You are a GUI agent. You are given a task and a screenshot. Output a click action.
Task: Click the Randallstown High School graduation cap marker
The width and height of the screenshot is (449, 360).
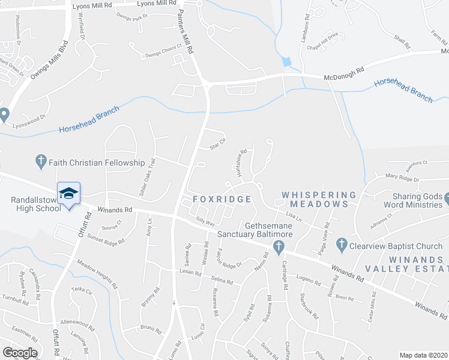68,194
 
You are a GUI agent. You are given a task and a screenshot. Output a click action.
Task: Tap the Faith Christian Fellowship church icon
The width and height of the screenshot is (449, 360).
41,162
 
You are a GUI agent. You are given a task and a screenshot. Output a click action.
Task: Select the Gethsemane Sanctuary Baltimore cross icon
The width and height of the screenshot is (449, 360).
278,246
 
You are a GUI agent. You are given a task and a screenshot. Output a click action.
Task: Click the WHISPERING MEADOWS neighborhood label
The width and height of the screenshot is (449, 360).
315,199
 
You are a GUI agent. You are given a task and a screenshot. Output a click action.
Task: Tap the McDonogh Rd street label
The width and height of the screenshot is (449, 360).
344,77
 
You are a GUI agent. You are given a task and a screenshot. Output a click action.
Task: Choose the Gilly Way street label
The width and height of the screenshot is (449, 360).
206,222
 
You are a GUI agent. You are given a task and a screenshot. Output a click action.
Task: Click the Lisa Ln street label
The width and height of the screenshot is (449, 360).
293,215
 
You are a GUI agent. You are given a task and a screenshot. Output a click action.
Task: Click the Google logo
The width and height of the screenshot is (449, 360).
20,353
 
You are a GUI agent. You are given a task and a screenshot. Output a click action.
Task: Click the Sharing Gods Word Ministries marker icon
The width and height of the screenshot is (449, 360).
445,198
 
